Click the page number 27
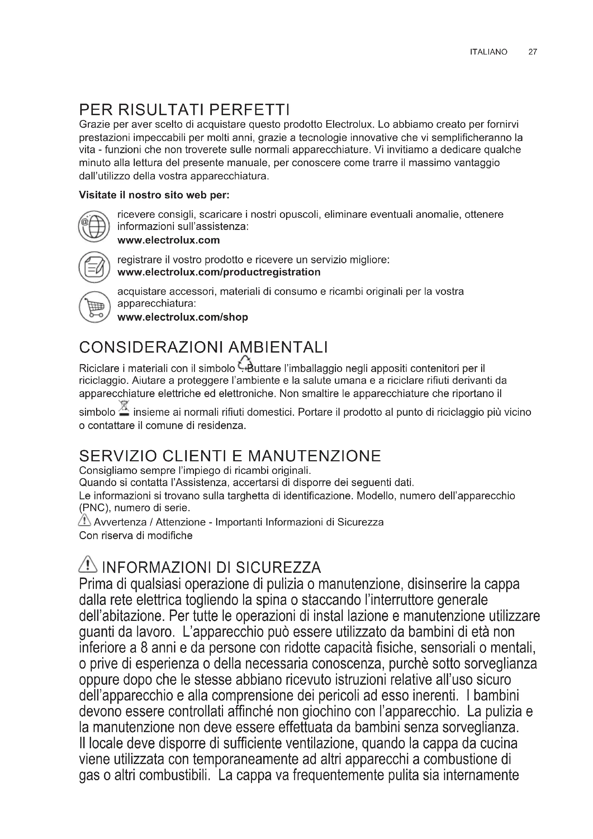(532, 52)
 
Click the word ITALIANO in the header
(488, 52)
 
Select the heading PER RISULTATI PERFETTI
(184, 109)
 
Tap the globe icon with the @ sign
(94, 227)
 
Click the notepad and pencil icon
(94, 267)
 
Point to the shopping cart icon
(94, 307)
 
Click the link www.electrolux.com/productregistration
(219, 272)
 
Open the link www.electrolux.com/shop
(182, 317)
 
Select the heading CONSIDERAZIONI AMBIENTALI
(203, 347)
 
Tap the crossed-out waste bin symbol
(124, 409)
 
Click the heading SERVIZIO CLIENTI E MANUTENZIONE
(230, 456)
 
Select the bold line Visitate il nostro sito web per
(154, 195)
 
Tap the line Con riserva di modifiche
(136, 536)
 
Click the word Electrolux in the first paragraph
(350, 124)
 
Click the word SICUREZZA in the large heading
(278, 567)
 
